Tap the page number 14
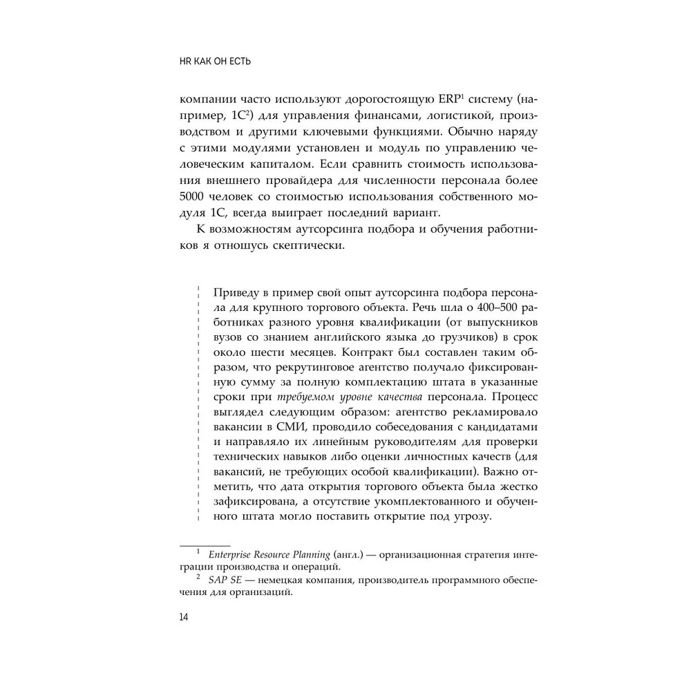point(183,616)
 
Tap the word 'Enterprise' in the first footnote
point(233,554)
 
